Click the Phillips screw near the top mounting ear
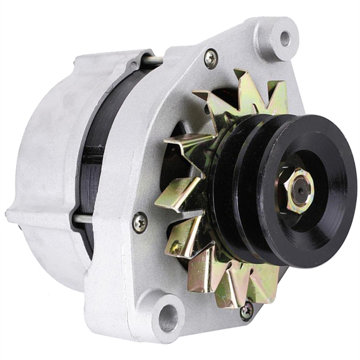click(x=211, y=58)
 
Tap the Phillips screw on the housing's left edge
click(x=139, y=223)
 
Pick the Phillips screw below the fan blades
click(x=246, y=310)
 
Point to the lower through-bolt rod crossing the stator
click(x=84, y=219)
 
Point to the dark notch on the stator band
click(x=90, y=156)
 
